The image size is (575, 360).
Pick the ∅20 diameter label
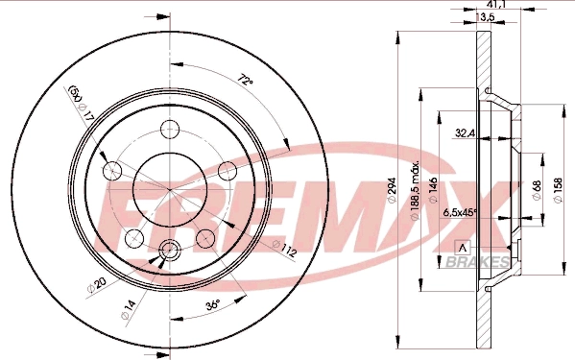98,285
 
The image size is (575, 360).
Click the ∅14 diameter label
129,306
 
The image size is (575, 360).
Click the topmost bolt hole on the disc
170,130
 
